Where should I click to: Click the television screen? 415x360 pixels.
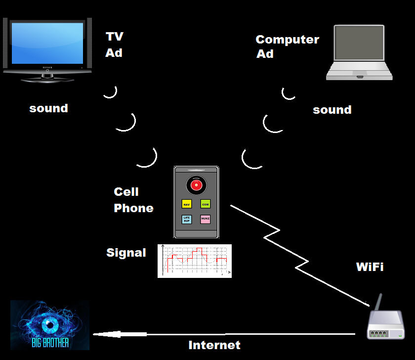(47, 43)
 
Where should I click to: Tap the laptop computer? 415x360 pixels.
(359, 52)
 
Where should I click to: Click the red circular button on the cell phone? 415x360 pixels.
(196, 185)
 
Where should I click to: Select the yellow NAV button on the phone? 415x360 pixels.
(186, 204)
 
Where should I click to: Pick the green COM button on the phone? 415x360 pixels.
(206, 204)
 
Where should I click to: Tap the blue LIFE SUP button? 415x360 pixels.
(186, 219)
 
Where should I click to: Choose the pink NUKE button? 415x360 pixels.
(206, 219)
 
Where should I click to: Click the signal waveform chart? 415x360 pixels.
(195, 261)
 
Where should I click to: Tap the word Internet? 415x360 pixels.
(214, 345)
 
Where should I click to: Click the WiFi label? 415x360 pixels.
(370, 267)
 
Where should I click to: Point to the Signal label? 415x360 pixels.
(126, 253)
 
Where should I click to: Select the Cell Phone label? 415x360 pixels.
(133, 200)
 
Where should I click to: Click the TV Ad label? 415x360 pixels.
(114, 45)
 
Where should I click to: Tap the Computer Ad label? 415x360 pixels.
(287, 46)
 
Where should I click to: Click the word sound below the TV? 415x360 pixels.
(48, 108)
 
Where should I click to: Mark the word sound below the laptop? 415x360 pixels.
(332, 110)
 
